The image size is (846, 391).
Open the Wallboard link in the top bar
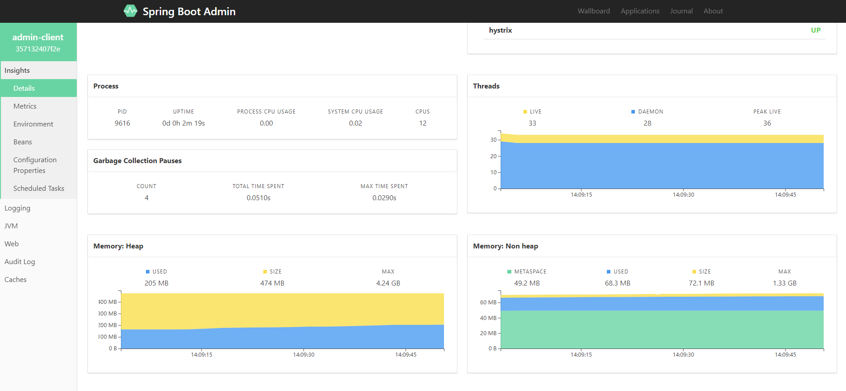pos(593,11)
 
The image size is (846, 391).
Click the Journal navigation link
pos(681,11)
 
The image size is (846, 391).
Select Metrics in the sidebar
pos(25,106)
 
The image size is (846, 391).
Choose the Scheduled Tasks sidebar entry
pos(39,188)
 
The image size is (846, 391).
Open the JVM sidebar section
pos(11,226)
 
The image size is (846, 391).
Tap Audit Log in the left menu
pos(20,261)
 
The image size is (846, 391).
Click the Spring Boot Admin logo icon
pos(130,11)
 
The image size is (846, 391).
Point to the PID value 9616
pos(122,123)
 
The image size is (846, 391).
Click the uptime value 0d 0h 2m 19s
pos(183,123)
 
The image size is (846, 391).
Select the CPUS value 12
pos(423,123)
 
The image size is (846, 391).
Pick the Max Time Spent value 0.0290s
pos(384,198)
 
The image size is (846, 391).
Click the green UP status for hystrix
pos(816,30)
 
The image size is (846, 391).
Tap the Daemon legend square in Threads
pos(633,112)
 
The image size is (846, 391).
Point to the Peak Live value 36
pos(767,123)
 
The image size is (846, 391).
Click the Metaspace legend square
pos(510,272)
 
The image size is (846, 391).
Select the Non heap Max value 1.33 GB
pos(784,283)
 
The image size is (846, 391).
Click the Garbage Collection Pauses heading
pos(137,160)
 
